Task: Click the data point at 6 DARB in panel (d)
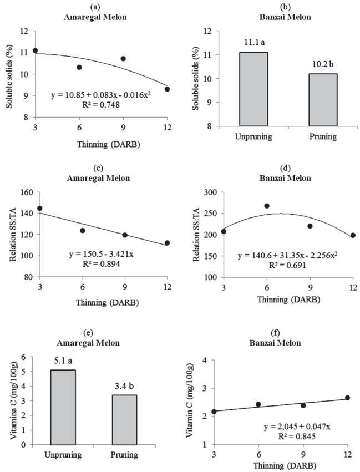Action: click(x=267, y=206)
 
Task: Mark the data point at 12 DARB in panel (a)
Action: click(x=167, y=89)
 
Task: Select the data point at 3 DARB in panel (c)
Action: click(x=39, y=209)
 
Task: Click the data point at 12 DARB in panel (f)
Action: click(x=347, y=398)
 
